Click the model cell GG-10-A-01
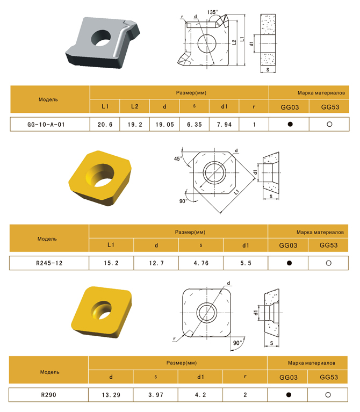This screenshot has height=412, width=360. point(46,125)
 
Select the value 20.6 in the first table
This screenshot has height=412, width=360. point(105,125)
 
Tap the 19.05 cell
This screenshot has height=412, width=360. point(164,125)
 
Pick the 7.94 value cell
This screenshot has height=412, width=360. point(224,125)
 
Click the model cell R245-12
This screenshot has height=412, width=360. point(49,263)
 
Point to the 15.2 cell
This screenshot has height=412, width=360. point(111,263)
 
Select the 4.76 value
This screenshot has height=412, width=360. point(201,263)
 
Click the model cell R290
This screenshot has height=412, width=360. point(48,395)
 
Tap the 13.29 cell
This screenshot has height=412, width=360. point(111,395)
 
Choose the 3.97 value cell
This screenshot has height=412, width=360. point(156,395)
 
